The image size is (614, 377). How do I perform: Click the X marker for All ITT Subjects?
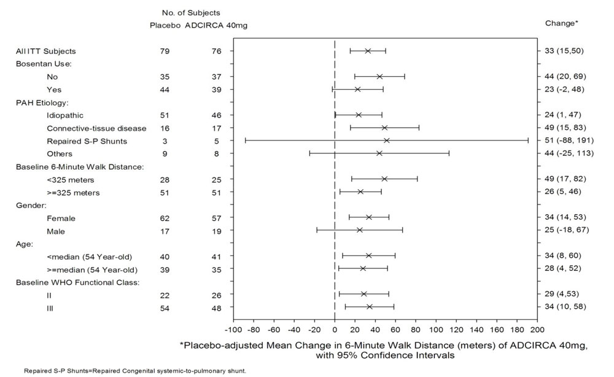(x=368, y=51)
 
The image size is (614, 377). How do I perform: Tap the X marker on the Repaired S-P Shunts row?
(x=386, y=141)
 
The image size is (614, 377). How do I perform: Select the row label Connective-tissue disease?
(x=96, y=128)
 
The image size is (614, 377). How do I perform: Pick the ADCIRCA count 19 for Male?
(x=213, y=231)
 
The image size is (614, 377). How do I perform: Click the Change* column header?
(x=561, y=23)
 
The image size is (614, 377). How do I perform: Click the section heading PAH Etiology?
(x=42, y=102)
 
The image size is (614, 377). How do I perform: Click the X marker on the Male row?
(x=360, y=230)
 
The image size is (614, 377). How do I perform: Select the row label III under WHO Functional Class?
(x=50, y=307)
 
